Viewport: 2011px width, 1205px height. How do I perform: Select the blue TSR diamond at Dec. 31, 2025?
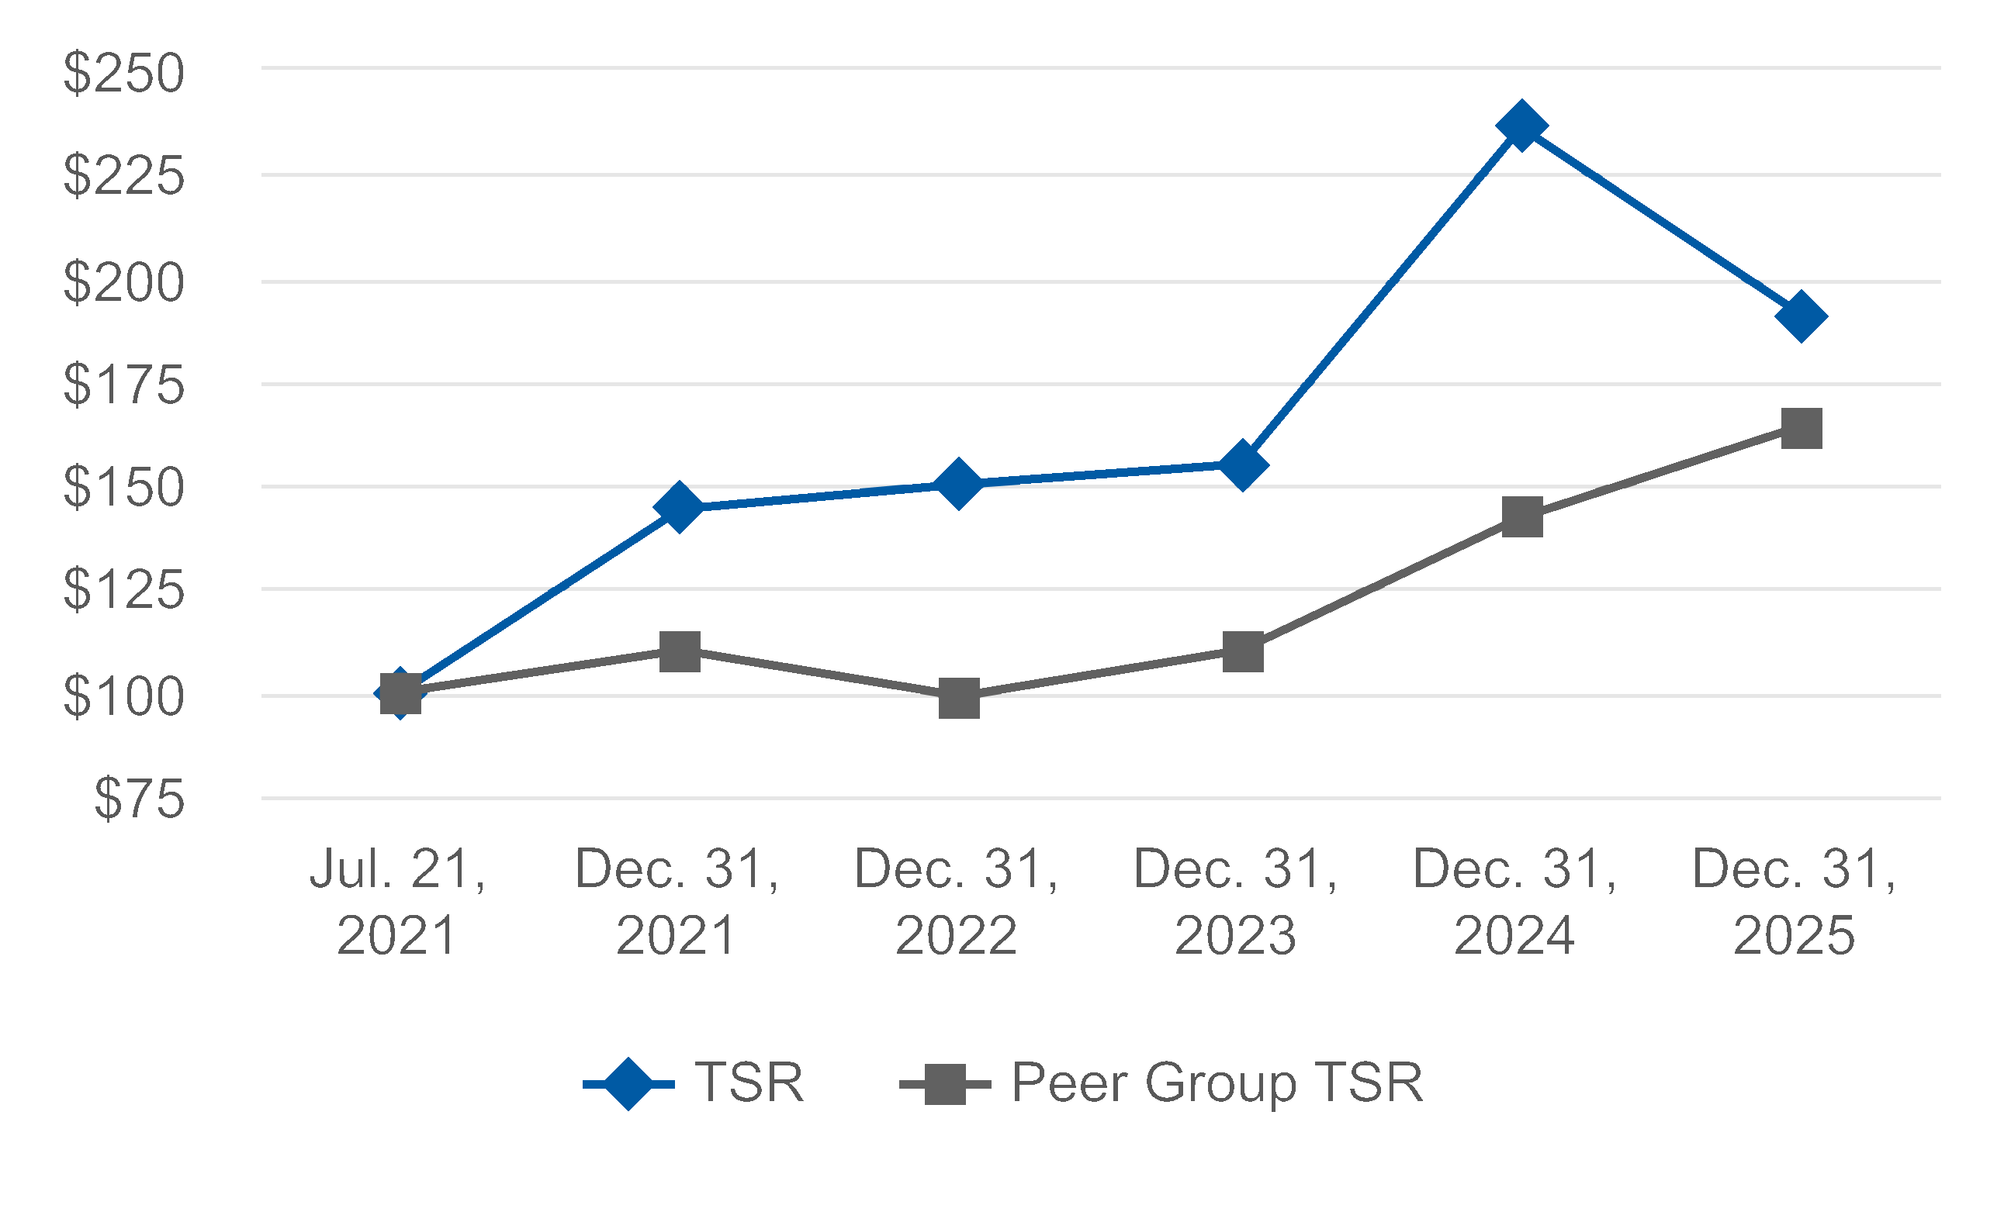coord(1802,316)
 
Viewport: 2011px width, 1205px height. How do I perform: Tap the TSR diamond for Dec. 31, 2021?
coord(680,506)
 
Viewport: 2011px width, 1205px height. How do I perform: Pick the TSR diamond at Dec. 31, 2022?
coord(958,484)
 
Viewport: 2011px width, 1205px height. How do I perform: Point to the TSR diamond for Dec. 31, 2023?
coord(1243,464)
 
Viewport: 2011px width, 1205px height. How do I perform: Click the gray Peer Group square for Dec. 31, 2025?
coord(1802,429)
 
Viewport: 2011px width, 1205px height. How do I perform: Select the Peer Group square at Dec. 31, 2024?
coord(1522,517)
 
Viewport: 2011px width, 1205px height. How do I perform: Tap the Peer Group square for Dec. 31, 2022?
coord(958,699)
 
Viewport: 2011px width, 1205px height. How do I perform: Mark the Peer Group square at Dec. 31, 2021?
coord(680,651)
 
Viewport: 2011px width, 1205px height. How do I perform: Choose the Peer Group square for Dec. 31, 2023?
coord(1243,652)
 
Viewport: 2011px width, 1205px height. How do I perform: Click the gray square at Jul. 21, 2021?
coord(400,693)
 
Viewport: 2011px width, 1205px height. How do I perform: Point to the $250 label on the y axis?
coord(124,73)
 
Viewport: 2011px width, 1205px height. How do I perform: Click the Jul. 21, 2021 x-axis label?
coord(397,901)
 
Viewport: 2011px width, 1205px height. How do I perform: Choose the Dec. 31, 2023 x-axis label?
coord(1235,901)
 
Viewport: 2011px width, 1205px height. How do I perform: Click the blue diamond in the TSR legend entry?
coord(628,1083)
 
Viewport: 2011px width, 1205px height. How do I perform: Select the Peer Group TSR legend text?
coord(1217,1083)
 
